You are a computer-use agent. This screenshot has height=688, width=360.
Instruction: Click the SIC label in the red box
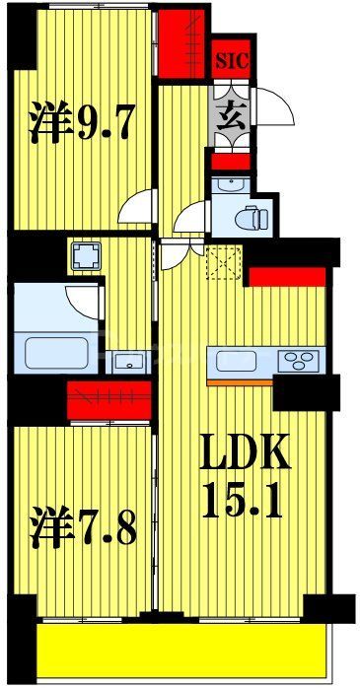[x=233, y=59]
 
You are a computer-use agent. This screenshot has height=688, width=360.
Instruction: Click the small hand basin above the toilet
[x=228, y=184]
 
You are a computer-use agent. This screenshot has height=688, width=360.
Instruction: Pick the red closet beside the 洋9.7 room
[x=180, y=41]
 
